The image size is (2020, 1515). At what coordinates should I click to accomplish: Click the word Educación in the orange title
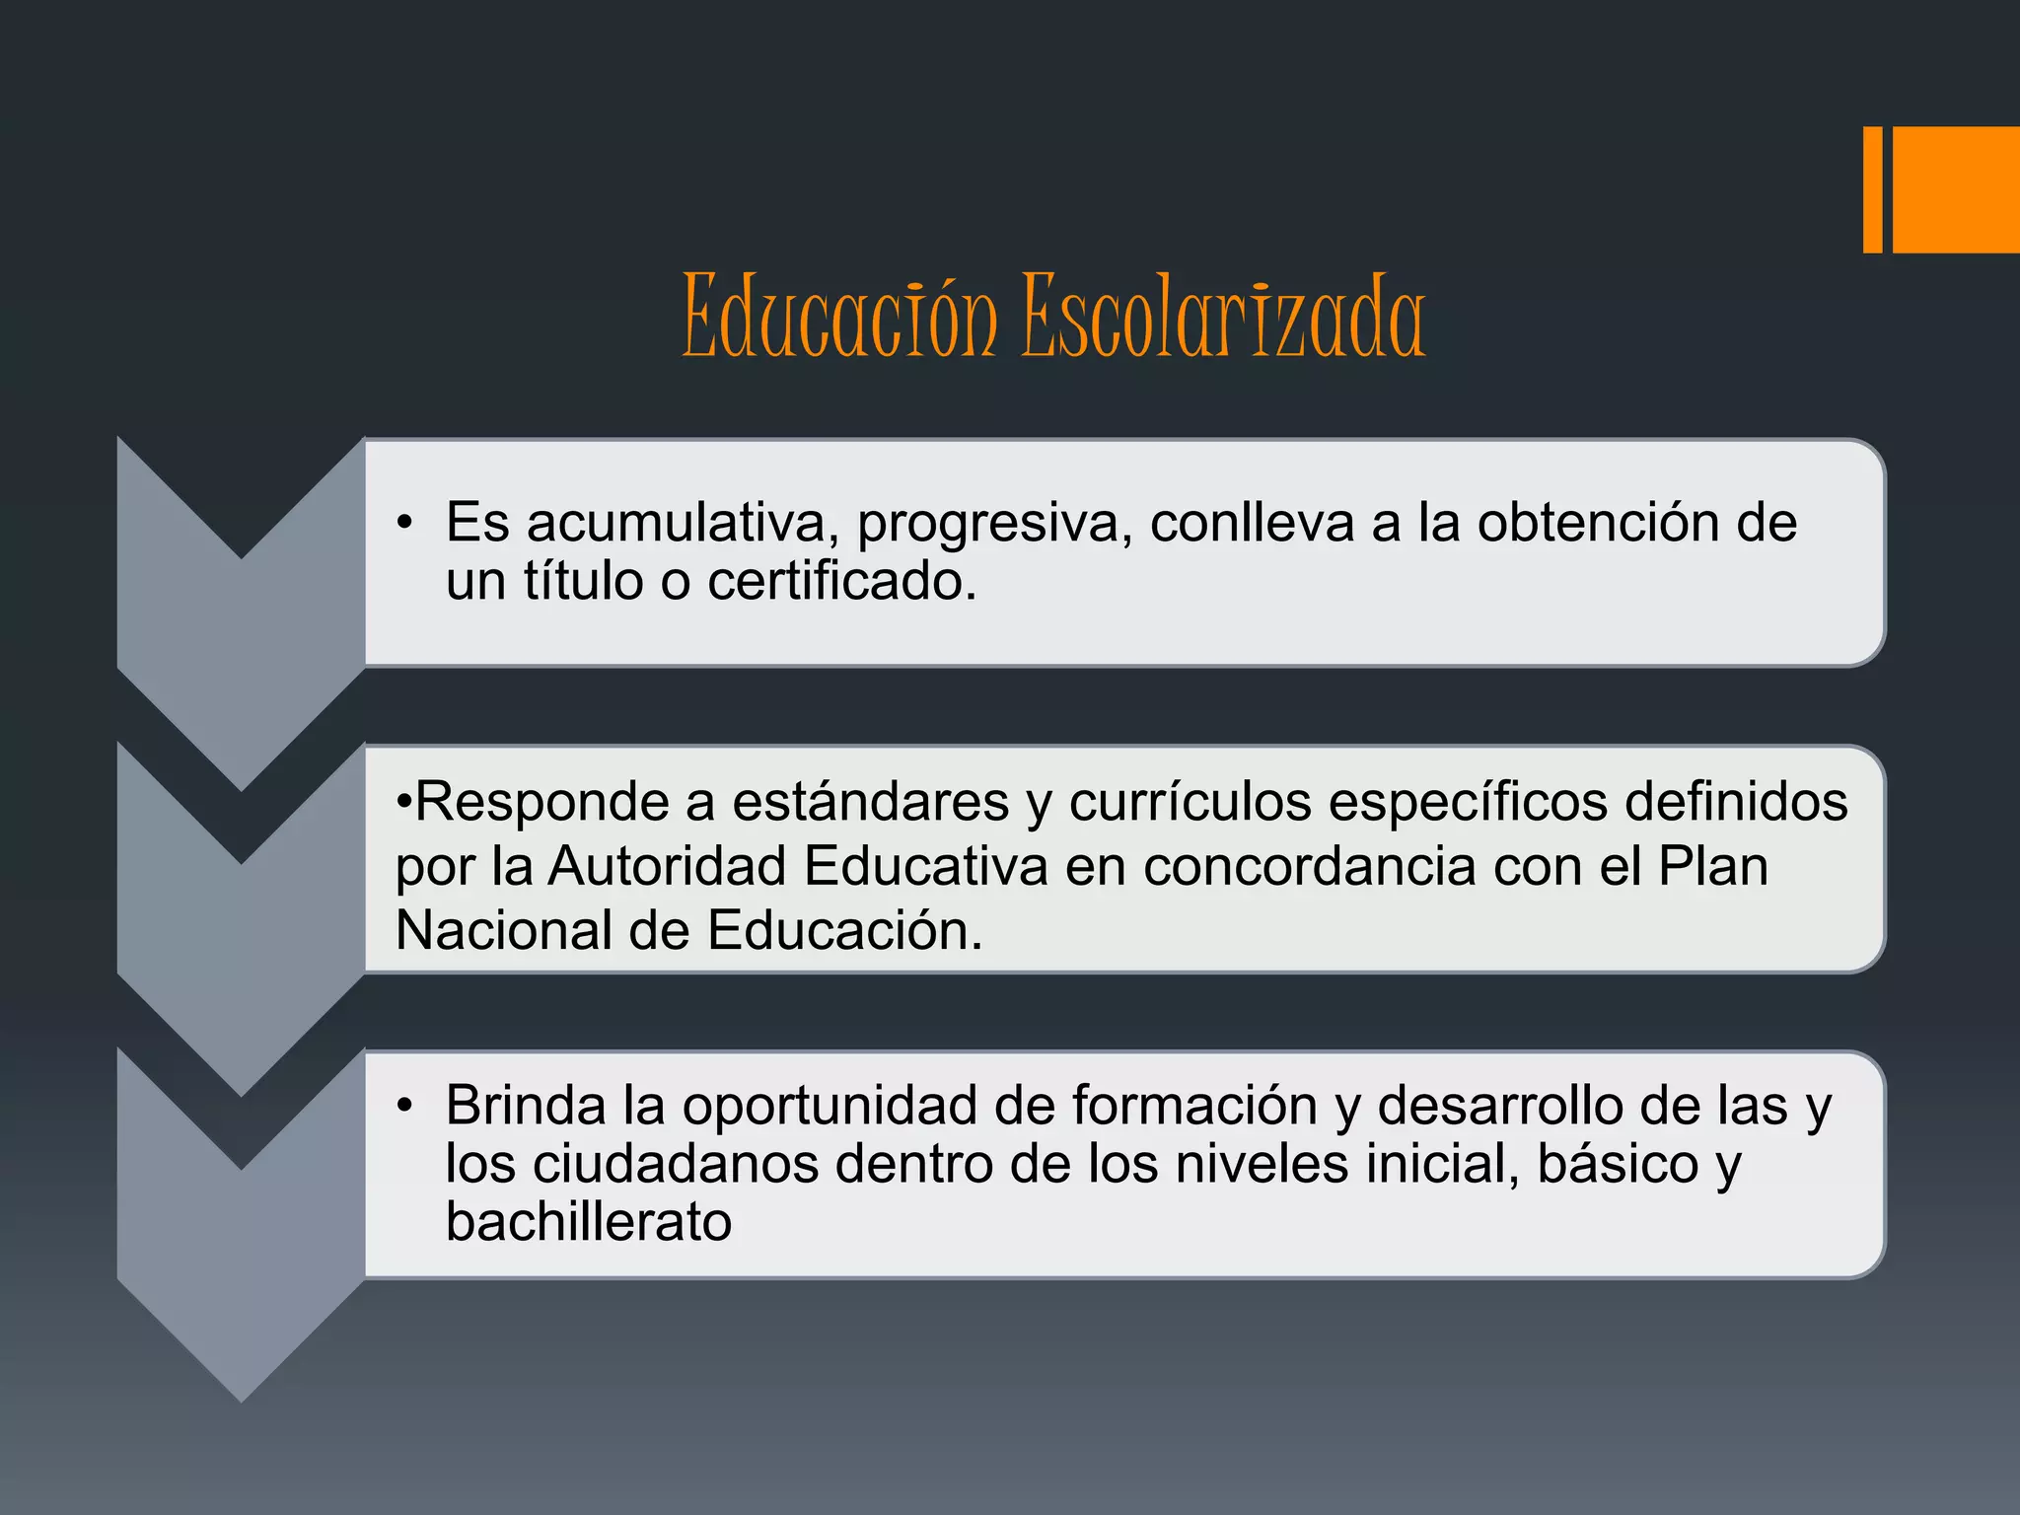point(839,318)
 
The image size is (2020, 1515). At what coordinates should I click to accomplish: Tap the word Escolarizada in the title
point(1223,318)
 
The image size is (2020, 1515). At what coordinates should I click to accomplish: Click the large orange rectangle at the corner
point(1956,189)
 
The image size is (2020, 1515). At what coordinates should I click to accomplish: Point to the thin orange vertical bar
point(1872,189)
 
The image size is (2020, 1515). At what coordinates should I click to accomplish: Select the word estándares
point(871,802)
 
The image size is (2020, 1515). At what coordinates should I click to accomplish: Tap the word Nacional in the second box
point(503,930)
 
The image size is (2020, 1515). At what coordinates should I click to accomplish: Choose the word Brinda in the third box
point(525,1106)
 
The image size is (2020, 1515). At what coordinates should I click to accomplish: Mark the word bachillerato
point(588,1223)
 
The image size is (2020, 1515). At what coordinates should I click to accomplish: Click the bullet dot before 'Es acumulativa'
point(403,525)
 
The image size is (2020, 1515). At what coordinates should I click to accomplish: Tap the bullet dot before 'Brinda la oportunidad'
point(403,1107)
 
